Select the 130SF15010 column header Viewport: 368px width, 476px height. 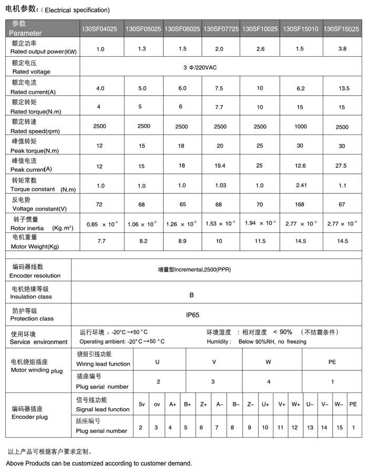[300, 29]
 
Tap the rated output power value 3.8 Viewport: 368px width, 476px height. [342, 49]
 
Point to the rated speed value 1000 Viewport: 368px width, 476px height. [301, 127]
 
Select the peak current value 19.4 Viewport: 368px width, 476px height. [220, 165]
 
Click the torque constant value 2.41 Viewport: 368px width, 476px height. [301, 185]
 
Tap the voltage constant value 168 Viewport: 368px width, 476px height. [301, 204]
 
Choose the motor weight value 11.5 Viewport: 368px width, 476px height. [260, 243]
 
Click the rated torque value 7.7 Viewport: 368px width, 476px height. [220, 107]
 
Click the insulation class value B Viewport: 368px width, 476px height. [191, 295]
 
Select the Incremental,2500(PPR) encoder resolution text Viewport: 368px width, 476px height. [195, 270]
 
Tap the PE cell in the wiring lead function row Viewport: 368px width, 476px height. [332, 362]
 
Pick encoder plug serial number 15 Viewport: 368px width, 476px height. [340, 427]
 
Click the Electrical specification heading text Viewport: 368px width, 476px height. [76, 10]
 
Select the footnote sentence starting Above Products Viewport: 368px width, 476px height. [99, 463]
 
